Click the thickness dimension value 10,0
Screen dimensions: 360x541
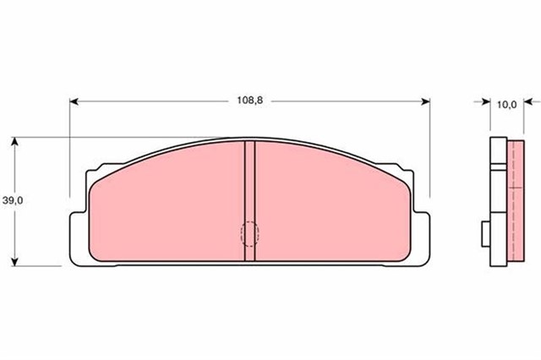pyautogui.click(x=506, y=105)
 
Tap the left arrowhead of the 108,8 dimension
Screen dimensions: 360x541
pyautogui.click(x=74, y=101)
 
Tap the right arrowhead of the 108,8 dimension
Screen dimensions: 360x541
pyautogui.click(x=426, y=101)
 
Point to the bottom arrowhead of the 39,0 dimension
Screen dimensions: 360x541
pyautogui.click(x=15, y=259)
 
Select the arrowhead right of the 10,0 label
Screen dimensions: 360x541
pyautogui.click(x=529, y=105)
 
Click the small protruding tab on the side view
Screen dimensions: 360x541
pyautogui.click(x=484, y=232)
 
